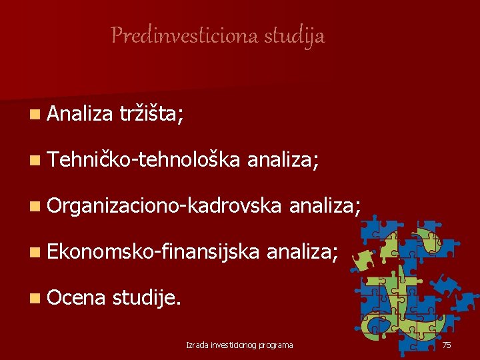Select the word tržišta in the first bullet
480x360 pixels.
coord(151,115)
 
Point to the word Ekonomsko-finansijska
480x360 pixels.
coord(154,250)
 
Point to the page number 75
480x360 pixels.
coord(447,345)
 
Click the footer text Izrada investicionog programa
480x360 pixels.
coord(239,345)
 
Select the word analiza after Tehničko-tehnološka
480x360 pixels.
coord(283,160)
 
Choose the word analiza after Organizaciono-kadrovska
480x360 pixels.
coord(325,205)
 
